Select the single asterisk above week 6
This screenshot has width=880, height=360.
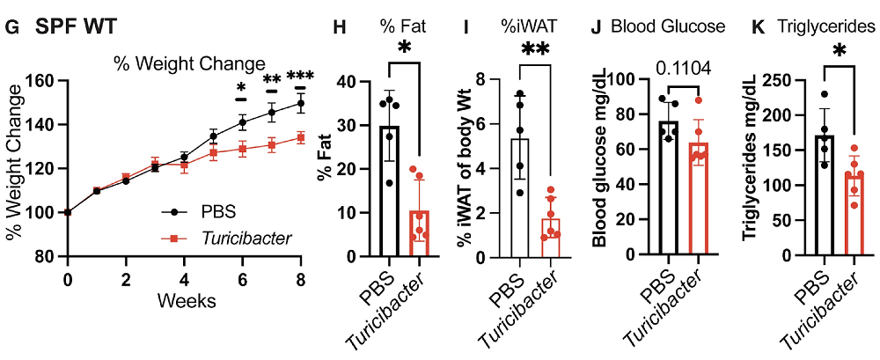[241, 87]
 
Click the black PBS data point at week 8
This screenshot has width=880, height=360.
[300, 103]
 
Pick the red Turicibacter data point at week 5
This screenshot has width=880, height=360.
[213, 152]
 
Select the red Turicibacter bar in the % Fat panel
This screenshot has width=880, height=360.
[419, 233]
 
